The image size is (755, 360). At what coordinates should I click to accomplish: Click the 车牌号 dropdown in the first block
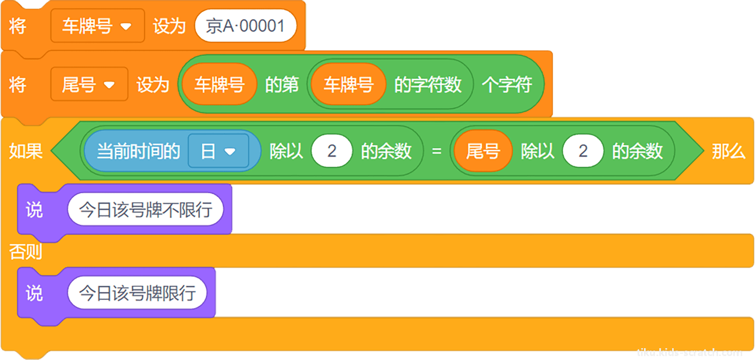[x=98, y=26]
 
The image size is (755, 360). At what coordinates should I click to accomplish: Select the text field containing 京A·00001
[x=246, y=26]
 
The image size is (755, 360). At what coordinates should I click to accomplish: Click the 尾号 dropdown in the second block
[x=89, y=84]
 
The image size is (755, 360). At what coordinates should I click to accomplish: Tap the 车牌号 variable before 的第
[x=219, y=84]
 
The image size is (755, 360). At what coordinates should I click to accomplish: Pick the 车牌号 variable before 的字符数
[x=349, y=84]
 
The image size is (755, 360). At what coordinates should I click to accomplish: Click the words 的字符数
[x=428, y=84]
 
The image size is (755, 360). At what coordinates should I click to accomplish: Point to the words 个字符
[x=507, y=84]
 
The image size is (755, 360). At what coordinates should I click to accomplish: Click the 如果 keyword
[x=26, y=151]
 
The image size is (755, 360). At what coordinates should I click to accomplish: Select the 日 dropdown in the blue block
[x=218, y=151]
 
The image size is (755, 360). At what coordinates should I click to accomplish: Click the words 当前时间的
[x=138, y=151]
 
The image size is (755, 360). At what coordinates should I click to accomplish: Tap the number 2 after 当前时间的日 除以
[x=332, y=151]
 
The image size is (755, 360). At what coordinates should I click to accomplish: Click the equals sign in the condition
[x=437, y=151]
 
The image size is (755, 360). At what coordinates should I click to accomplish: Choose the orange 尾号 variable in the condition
[x=483, y=151]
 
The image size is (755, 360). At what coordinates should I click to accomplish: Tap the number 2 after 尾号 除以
[x=583, y=151]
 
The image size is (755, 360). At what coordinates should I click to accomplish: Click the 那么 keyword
[x=728, y=151]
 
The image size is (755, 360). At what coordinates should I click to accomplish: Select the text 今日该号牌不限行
[x=145, y=210]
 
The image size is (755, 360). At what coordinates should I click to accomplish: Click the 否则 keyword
[x=26, y=252]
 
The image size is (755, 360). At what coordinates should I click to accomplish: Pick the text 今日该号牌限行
[x=138, y=293]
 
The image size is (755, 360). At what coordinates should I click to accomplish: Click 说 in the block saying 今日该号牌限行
[x=35, y=293]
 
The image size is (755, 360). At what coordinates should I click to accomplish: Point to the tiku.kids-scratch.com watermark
[x=689, y=352]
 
